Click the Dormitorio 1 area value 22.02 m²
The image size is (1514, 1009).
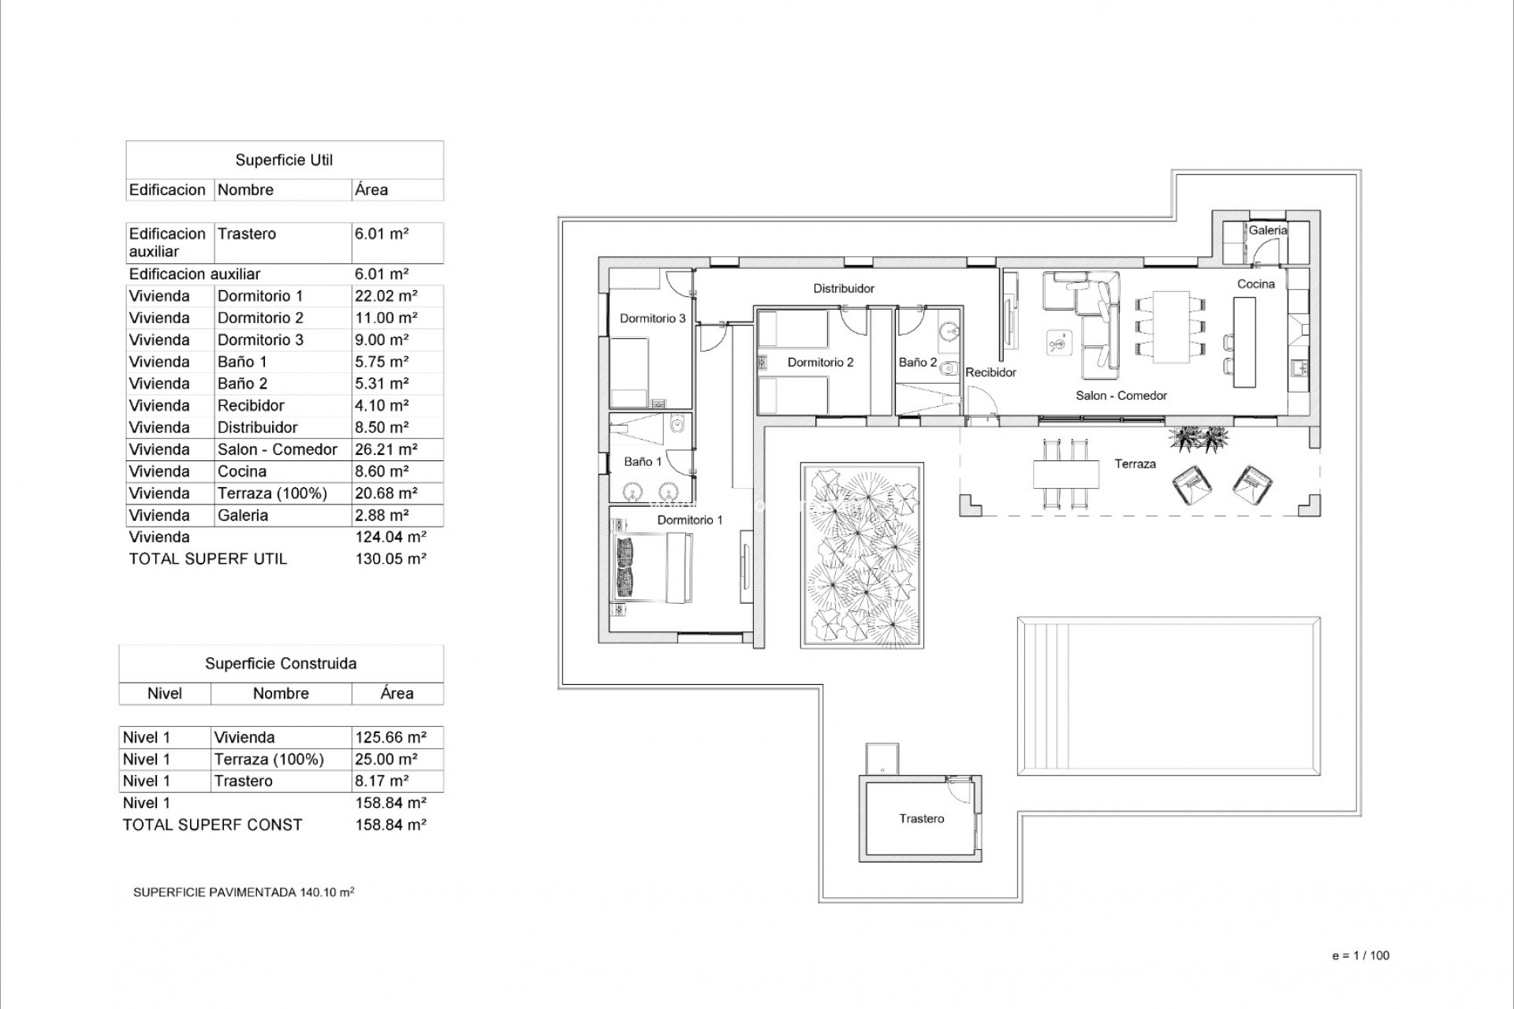point(386,296)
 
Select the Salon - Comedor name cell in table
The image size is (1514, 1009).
point(277,449)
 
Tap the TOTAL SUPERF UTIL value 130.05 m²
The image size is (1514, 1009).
point(390,559)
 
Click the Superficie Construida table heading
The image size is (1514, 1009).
point(281,664)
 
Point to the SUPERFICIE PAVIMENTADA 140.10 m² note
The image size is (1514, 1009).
point(244,892)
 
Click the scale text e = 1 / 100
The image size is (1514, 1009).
point(1360,955)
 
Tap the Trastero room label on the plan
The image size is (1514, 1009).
point(921,819)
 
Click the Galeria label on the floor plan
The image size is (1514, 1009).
point(1267,230)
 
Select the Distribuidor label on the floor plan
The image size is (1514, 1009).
point(844,289)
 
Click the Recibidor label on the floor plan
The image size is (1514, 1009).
point(990,372)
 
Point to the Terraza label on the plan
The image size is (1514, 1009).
point(1135,464)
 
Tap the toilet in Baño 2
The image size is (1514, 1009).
point(950,369)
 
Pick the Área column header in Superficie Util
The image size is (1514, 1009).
point(371,190)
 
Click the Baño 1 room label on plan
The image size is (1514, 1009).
point(643,462)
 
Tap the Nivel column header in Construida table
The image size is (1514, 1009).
point(164,694)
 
